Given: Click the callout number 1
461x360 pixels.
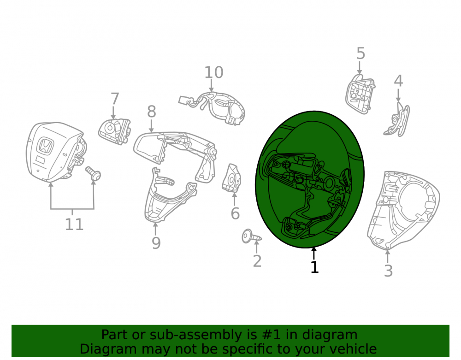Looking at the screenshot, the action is [314, 267].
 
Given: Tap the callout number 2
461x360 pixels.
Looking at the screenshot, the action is [257, 261].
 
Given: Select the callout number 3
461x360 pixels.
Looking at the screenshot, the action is [388, 271].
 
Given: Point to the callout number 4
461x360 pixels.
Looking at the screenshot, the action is [398, 81].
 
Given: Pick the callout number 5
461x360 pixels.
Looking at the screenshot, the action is [361, 53].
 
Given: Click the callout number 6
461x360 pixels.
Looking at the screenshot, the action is [235, 213].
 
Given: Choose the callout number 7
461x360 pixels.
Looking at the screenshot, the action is [115, 99].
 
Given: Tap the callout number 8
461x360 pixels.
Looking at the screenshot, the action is [151, 112].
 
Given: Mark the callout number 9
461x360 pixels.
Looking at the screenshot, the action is [156, 243].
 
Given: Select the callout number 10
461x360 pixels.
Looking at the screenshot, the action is [214, 72].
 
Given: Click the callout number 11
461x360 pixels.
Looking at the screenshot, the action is [74, 224].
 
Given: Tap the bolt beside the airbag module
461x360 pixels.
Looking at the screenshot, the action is [93, 173].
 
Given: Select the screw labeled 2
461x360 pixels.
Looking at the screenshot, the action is [251, 236].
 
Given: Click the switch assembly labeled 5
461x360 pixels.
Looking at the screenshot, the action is [360, 94].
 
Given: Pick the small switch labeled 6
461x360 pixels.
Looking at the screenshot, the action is [231, 178].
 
